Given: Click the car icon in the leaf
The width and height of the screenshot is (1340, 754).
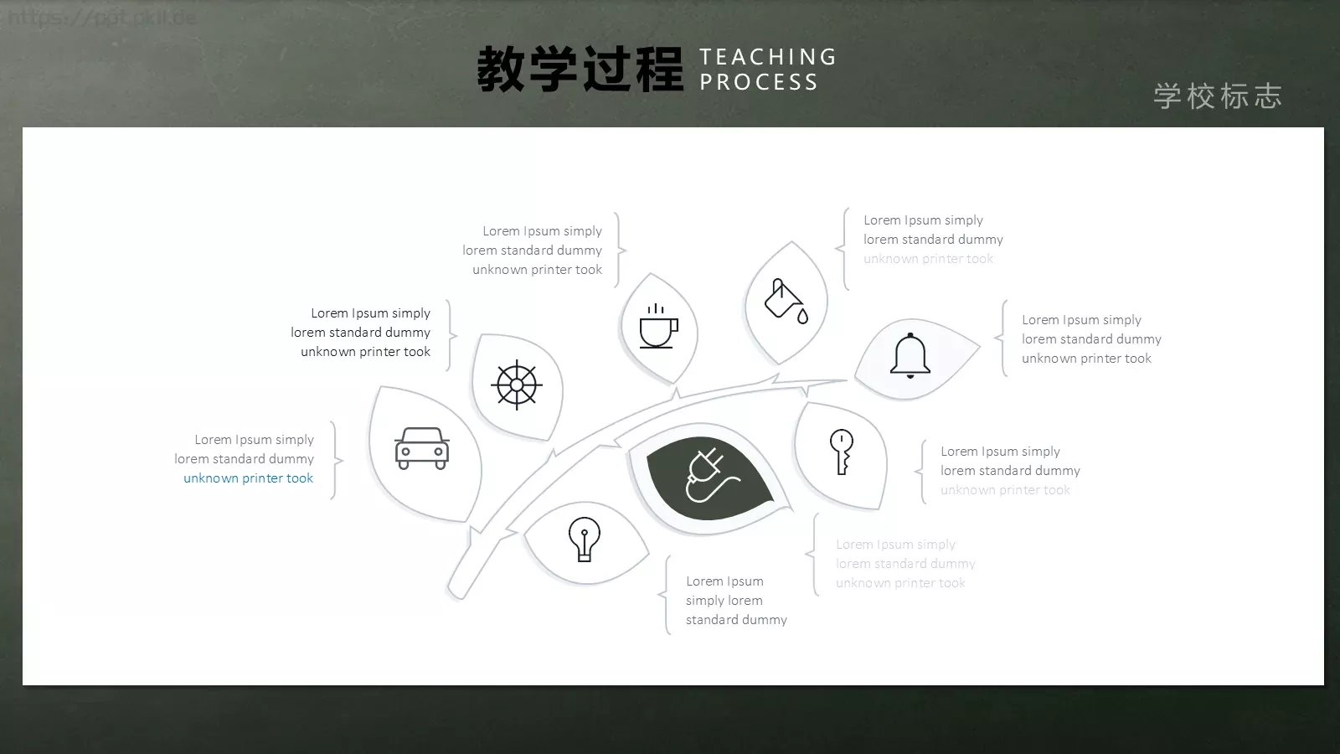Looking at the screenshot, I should [x=422, y=448].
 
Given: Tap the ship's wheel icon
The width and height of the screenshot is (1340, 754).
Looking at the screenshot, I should [x=517, y=385].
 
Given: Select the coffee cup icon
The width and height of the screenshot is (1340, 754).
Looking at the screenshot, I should [x=658, y=328].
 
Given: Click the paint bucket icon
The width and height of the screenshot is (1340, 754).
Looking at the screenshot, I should [x=786, y=301].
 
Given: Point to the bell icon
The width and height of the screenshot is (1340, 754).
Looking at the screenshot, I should [x=910, y=356].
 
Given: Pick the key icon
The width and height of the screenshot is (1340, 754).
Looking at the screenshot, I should [x=842, y=452].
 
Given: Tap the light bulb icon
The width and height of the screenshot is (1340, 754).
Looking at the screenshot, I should [x=585, y=539].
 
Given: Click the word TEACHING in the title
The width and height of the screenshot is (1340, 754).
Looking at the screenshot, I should [x=768, y=57].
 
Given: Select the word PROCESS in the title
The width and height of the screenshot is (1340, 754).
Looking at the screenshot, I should [x=759, y=82].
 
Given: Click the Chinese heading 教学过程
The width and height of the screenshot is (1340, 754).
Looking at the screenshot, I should [x=580, y=70].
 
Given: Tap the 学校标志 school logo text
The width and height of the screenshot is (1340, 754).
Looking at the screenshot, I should [x=1218, y=96].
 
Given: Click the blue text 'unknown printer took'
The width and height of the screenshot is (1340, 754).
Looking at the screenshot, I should [x=248, y=478].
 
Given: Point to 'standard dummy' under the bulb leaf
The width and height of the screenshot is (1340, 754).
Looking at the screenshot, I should [x=736, y=620].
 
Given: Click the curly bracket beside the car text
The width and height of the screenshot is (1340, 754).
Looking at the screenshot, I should [x=337, y=460].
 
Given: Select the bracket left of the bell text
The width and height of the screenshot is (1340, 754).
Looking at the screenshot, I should [x=1001, y=338].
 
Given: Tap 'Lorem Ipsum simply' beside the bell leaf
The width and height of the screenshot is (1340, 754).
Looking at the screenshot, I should [x=1081, y=320].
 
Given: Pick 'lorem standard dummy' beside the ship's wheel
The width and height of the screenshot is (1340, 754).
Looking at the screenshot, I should [x=360, y=333].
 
